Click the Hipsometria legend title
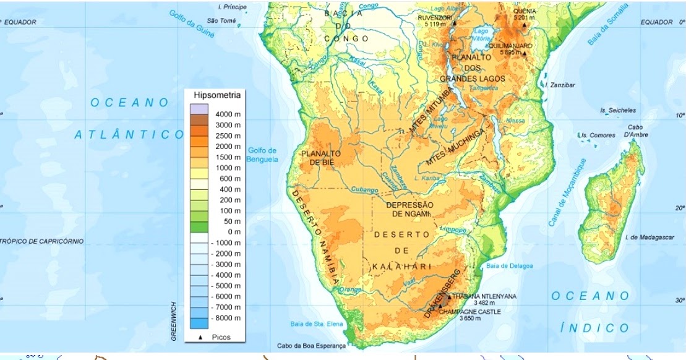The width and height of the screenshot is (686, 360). [217, 95]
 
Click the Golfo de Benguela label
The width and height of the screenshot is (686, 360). [262, 155]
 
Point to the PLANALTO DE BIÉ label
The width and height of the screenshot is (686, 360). [321, 158]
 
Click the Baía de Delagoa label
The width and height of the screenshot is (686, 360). [510, 266]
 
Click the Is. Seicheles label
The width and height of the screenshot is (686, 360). [617, 110]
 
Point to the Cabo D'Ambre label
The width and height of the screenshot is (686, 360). [635, 131]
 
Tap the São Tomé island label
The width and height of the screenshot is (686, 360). [221, 20]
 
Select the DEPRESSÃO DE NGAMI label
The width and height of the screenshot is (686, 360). [409, 209]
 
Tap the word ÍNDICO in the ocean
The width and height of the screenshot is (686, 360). [594, 328]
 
